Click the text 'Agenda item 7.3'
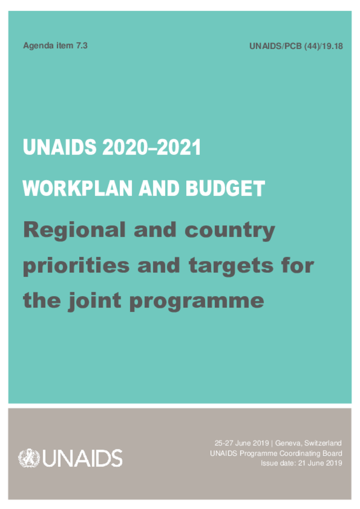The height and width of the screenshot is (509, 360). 55,46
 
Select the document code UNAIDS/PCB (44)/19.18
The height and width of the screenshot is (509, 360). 296,47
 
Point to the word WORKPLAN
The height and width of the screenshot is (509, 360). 77,188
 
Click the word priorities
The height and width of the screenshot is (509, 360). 76,266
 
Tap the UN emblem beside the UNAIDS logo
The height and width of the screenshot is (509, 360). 29,458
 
